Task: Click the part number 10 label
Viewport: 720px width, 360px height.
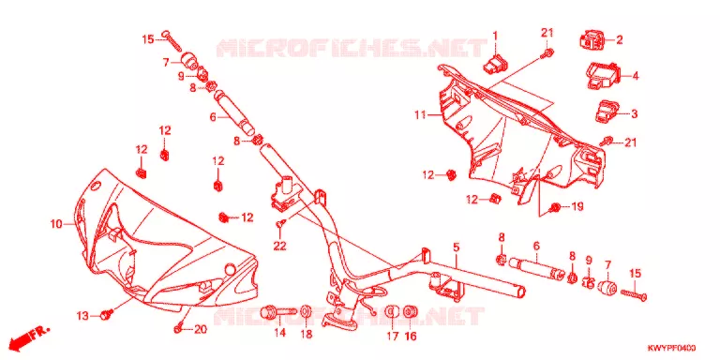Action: click(56, 224)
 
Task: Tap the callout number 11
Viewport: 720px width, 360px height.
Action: click(421, 114)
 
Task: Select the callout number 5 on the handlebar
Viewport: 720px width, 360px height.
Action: click(456, 247)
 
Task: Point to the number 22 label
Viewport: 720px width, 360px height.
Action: click(279, 247)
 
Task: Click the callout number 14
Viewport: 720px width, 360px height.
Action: click(279, 333)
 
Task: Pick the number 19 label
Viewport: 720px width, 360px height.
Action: click(577, 207)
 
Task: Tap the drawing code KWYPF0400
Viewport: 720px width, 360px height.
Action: click(671, 348)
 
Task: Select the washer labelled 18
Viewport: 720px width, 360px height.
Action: click(306, 312)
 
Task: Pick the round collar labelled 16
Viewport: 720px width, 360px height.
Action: click(410, 312)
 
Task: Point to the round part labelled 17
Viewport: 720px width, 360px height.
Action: click(391, 312)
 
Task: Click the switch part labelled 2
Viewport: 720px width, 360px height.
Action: click(591, 39)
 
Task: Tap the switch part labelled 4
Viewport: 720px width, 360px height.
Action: click(603, 75)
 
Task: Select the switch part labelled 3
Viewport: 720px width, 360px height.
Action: click(606, 112)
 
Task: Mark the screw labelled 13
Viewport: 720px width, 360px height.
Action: click(108, 314)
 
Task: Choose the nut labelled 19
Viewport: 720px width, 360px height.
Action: click(555, 207)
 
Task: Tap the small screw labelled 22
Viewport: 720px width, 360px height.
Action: click(280, 224)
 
